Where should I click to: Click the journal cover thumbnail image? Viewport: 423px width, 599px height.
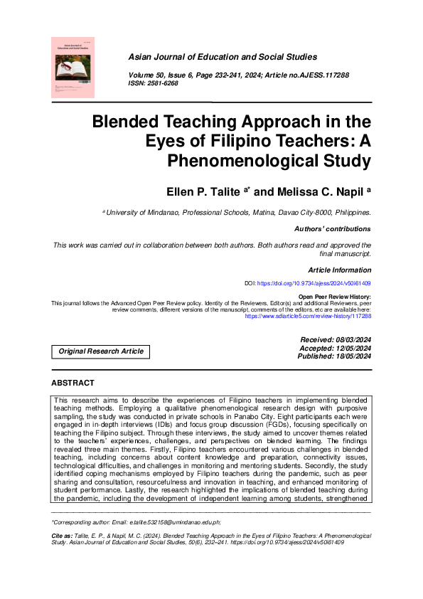coord(73,68)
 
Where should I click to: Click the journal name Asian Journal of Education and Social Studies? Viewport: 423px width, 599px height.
coord(223,57)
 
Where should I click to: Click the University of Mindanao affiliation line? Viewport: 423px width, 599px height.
coord(237,212)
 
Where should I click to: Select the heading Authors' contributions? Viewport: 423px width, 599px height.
coord(332,229)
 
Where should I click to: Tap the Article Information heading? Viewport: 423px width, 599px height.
coord(339,270)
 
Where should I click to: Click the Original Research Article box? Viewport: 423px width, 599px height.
coord(101,351)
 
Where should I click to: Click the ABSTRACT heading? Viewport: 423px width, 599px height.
coord(73,383)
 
